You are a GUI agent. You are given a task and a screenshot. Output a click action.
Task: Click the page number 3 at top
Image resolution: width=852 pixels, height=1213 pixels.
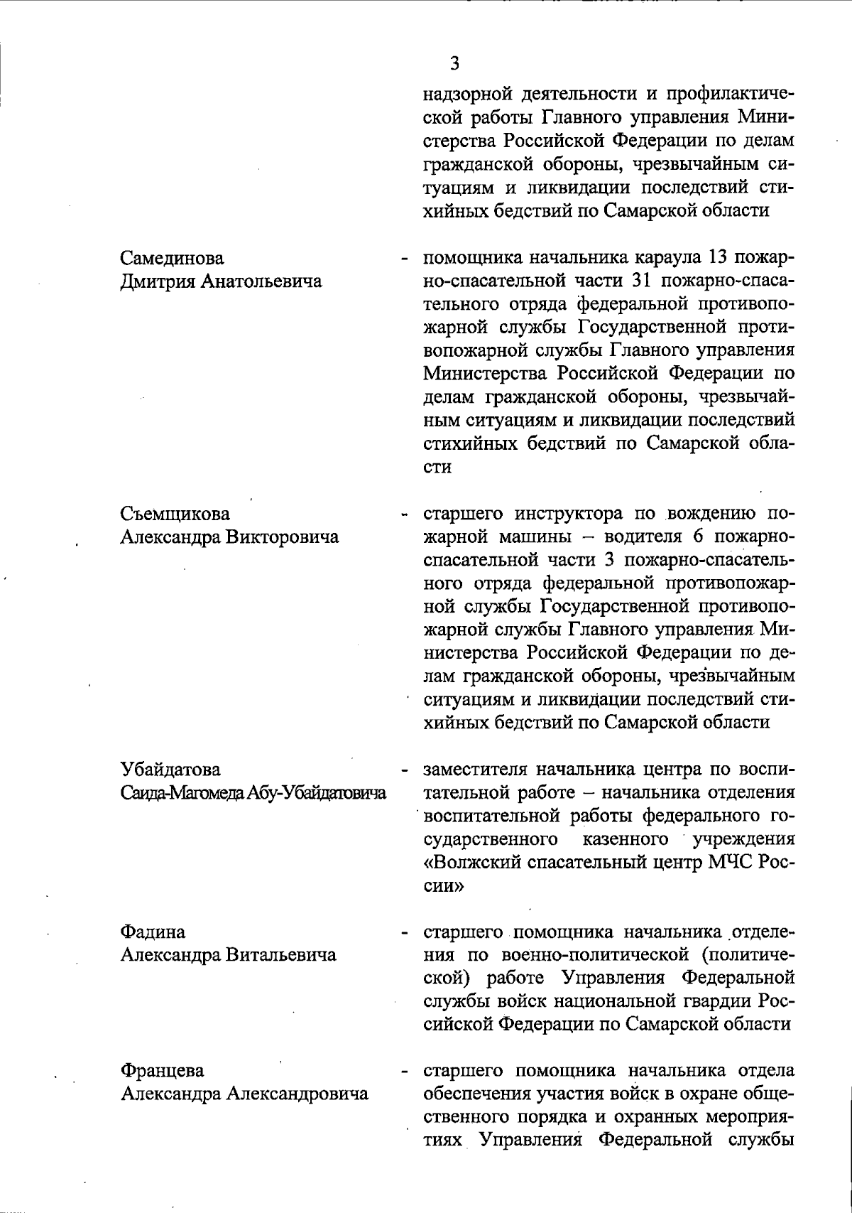click(x=454, y=64)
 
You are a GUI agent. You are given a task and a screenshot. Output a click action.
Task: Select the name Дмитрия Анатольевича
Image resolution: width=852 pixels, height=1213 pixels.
click(x=221, y=281)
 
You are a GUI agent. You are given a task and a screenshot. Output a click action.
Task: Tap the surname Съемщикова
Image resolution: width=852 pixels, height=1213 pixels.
click(x=175, y=514)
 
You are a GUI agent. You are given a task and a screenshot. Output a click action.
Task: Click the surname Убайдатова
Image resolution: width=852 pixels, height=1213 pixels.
click(x=170, y=770)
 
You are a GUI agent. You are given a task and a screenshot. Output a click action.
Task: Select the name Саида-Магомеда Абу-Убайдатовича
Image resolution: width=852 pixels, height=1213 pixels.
click(x=253, y=793)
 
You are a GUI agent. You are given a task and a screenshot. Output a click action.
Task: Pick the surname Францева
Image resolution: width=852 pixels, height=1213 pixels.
click(x=162, y=1071)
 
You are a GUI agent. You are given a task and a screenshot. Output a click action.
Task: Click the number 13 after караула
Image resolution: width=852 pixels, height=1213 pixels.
click(x=718, y=257)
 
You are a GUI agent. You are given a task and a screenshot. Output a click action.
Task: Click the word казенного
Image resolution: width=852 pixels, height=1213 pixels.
click(x=625, y=839)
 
